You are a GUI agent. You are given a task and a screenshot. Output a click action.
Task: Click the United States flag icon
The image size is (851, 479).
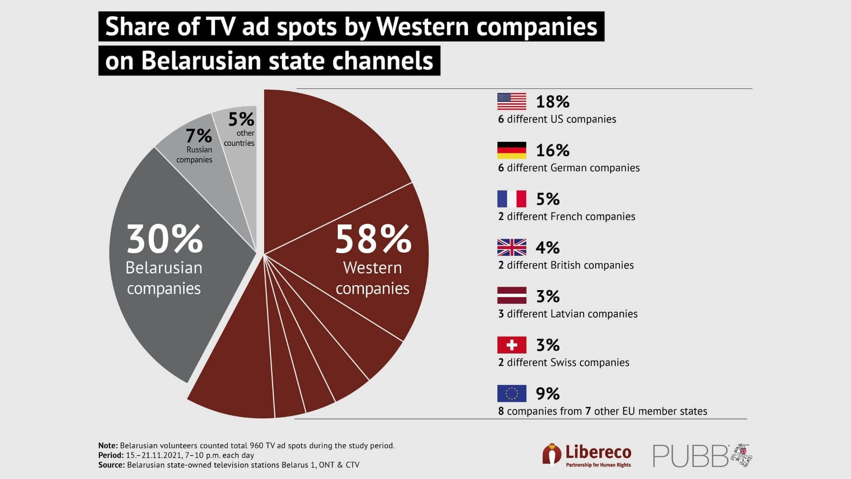pyautogui.click(x=511, y=102)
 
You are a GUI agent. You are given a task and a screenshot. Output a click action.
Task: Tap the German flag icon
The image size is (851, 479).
pyautogui.click(x=511, y=150)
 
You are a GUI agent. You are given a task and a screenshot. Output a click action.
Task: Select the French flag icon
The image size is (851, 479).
pyautogui.click(x=511, y=199)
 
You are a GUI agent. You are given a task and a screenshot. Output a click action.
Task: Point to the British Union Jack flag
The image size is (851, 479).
pyautogui.click(x=511, y=247)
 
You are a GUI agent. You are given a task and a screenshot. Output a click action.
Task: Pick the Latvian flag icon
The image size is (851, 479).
pyautogui.click(x=511, y=296)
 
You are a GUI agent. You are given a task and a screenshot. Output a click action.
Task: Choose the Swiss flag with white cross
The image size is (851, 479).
pyautogui.click(x=511, y=345)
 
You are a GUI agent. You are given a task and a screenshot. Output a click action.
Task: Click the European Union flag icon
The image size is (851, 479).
pyautogui.click(x=511, y=393)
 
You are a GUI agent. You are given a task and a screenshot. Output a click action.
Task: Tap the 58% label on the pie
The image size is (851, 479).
pyautogui.click(x=373, y=239)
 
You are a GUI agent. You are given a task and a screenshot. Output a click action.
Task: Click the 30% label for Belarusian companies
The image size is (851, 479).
pyautogui.click(x=164, y=239)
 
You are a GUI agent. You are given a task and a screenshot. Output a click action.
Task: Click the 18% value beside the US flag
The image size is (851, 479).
pyautogui.click(x=552, y=102)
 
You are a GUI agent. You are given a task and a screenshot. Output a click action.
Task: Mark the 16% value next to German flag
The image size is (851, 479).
pyautogui.click(x=552, y=151)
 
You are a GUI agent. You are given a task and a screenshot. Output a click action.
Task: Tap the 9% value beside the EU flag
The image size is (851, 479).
pyautogui.click(x=548, y=394)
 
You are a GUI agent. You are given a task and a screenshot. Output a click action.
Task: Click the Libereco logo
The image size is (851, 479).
pyautogui.click(x=587, y=455)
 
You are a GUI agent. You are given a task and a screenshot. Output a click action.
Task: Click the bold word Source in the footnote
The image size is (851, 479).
pyautogui.click(x=111, y=465)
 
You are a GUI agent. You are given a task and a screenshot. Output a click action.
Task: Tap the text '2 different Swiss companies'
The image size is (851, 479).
pyautogui.click(x=563, y=363)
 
